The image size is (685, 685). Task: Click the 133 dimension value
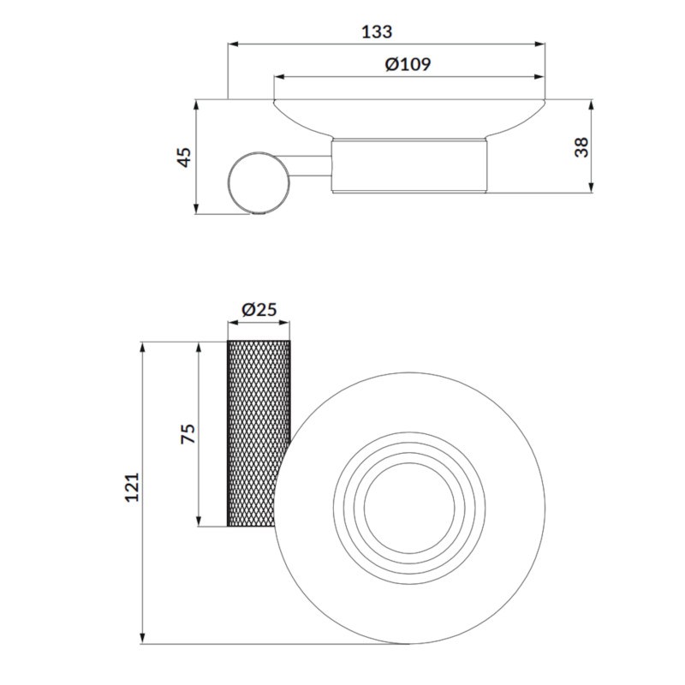pyautogui.click(x=377, y=32)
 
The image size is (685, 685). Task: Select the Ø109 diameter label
pyautogui.click(x=408, y=65)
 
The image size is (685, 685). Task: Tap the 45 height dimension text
pyautogui.click(x=184, y=158)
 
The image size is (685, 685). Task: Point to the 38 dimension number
pyautogui.click(x=582, y=147)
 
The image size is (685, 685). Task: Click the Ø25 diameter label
pyautogui.click(x=259, y=309)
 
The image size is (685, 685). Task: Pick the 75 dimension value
pyautogui.click(x=188, y=434)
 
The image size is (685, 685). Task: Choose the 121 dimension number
pyautogui.click(x=132, y=487)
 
